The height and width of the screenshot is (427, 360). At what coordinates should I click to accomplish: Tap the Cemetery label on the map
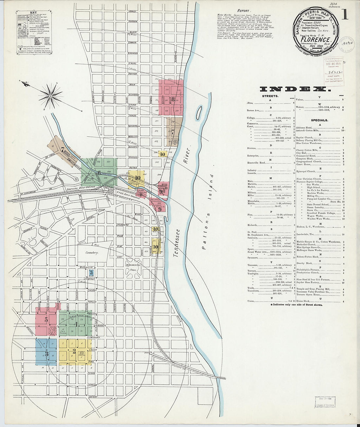point(92,253)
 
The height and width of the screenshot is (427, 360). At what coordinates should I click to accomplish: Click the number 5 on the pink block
point(46,320)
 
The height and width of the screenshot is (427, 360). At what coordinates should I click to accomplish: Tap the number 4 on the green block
point(76,324)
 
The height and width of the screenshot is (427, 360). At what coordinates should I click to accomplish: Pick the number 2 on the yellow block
point(74,352)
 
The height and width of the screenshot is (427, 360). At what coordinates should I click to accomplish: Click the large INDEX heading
point(293,89)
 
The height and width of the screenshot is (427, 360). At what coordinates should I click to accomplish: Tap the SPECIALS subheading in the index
point(319,120)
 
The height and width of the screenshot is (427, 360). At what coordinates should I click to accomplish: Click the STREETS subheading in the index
point(270,96)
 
